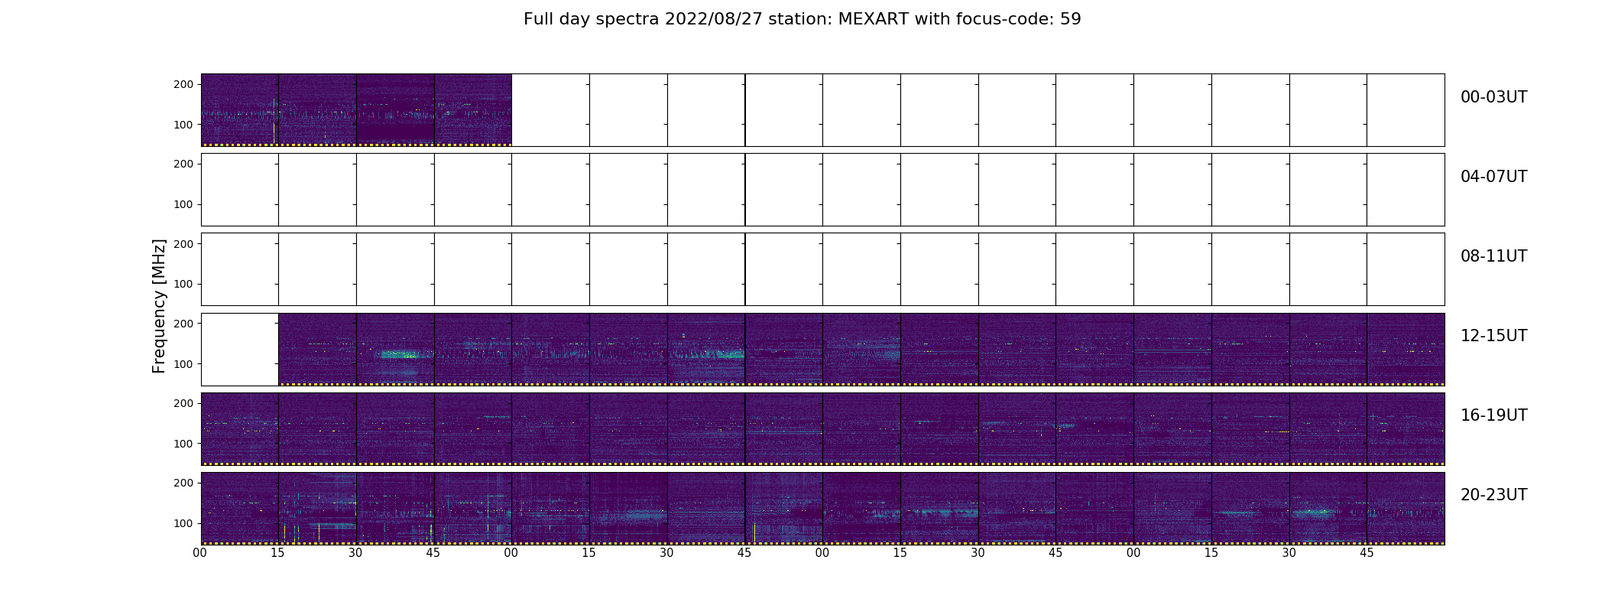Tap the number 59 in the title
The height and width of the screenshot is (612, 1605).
(x=1070, y=19)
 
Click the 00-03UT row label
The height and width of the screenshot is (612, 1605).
(x=1493, y=97)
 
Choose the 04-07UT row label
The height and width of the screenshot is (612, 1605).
(x=1493, y=177)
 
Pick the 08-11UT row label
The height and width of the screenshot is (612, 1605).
(x=1493, y=256)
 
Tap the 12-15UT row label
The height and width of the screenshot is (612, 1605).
(x=1493, y=336)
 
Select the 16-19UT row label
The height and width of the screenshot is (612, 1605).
(x=1493, y=415)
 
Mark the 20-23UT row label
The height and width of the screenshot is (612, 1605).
(x=1493, y=495)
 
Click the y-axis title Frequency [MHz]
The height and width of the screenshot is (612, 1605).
(x=159, y=306)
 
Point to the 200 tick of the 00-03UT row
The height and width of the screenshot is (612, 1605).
(x=183, y=84)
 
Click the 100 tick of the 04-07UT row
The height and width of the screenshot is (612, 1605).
(x=183, y=204)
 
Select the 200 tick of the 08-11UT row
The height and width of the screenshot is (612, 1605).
(x=183, y=243)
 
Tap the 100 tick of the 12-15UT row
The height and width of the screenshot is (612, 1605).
(x=183, y=363)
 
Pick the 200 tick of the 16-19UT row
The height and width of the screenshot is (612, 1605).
(x=183, y=403)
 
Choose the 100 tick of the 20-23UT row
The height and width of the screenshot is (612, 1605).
(x=183, y=523)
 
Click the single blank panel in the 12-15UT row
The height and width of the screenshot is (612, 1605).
(x=240, y=349)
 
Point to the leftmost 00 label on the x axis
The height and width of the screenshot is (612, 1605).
(x=200, y=552)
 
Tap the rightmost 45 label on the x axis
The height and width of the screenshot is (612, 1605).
(x=1367, y=552)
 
